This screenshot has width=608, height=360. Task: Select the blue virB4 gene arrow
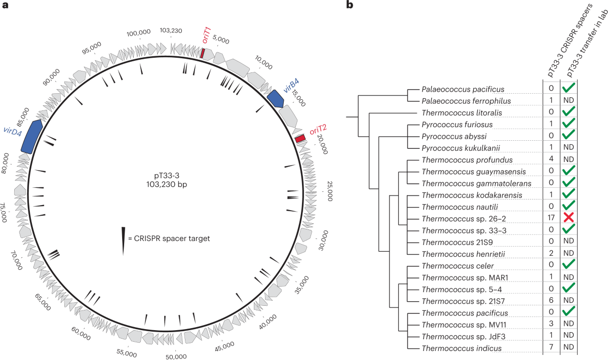[276, 98]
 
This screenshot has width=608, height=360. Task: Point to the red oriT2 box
[300, 138]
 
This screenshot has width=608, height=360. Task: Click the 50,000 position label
[177, 355]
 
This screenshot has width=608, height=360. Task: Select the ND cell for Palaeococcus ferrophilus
[569, 101]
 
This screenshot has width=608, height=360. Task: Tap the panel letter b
[350, 6]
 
